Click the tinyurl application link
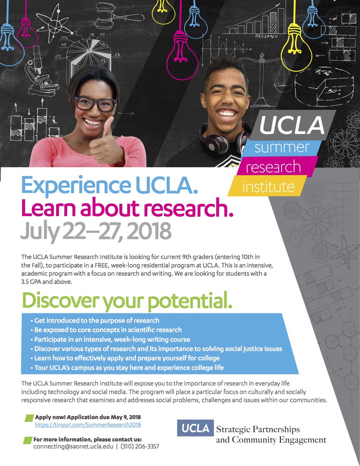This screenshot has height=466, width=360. (88, 425)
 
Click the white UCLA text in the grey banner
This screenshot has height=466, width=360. (292, 124)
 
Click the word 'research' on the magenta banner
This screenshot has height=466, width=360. (273, 167)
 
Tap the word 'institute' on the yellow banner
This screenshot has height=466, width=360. (268, 186)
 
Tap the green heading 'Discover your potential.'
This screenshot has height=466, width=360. (127, 300)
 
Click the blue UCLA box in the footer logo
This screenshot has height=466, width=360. (195, 428)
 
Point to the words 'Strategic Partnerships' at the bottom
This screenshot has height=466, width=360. (258, 430)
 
